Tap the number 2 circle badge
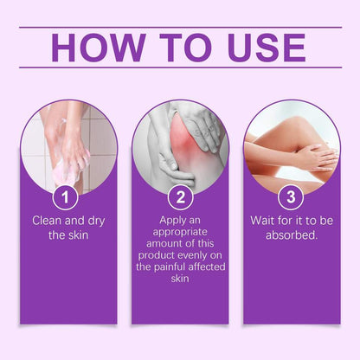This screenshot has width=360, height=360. [180, 196]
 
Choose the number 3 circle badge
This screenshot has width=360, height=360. [291, 196]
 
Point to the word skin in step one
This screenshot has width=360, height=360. [82, 235]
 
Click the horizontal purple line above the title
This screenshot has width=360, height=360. [180, 27]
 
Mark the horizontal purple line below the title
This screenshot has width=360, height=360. [180, 67]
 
